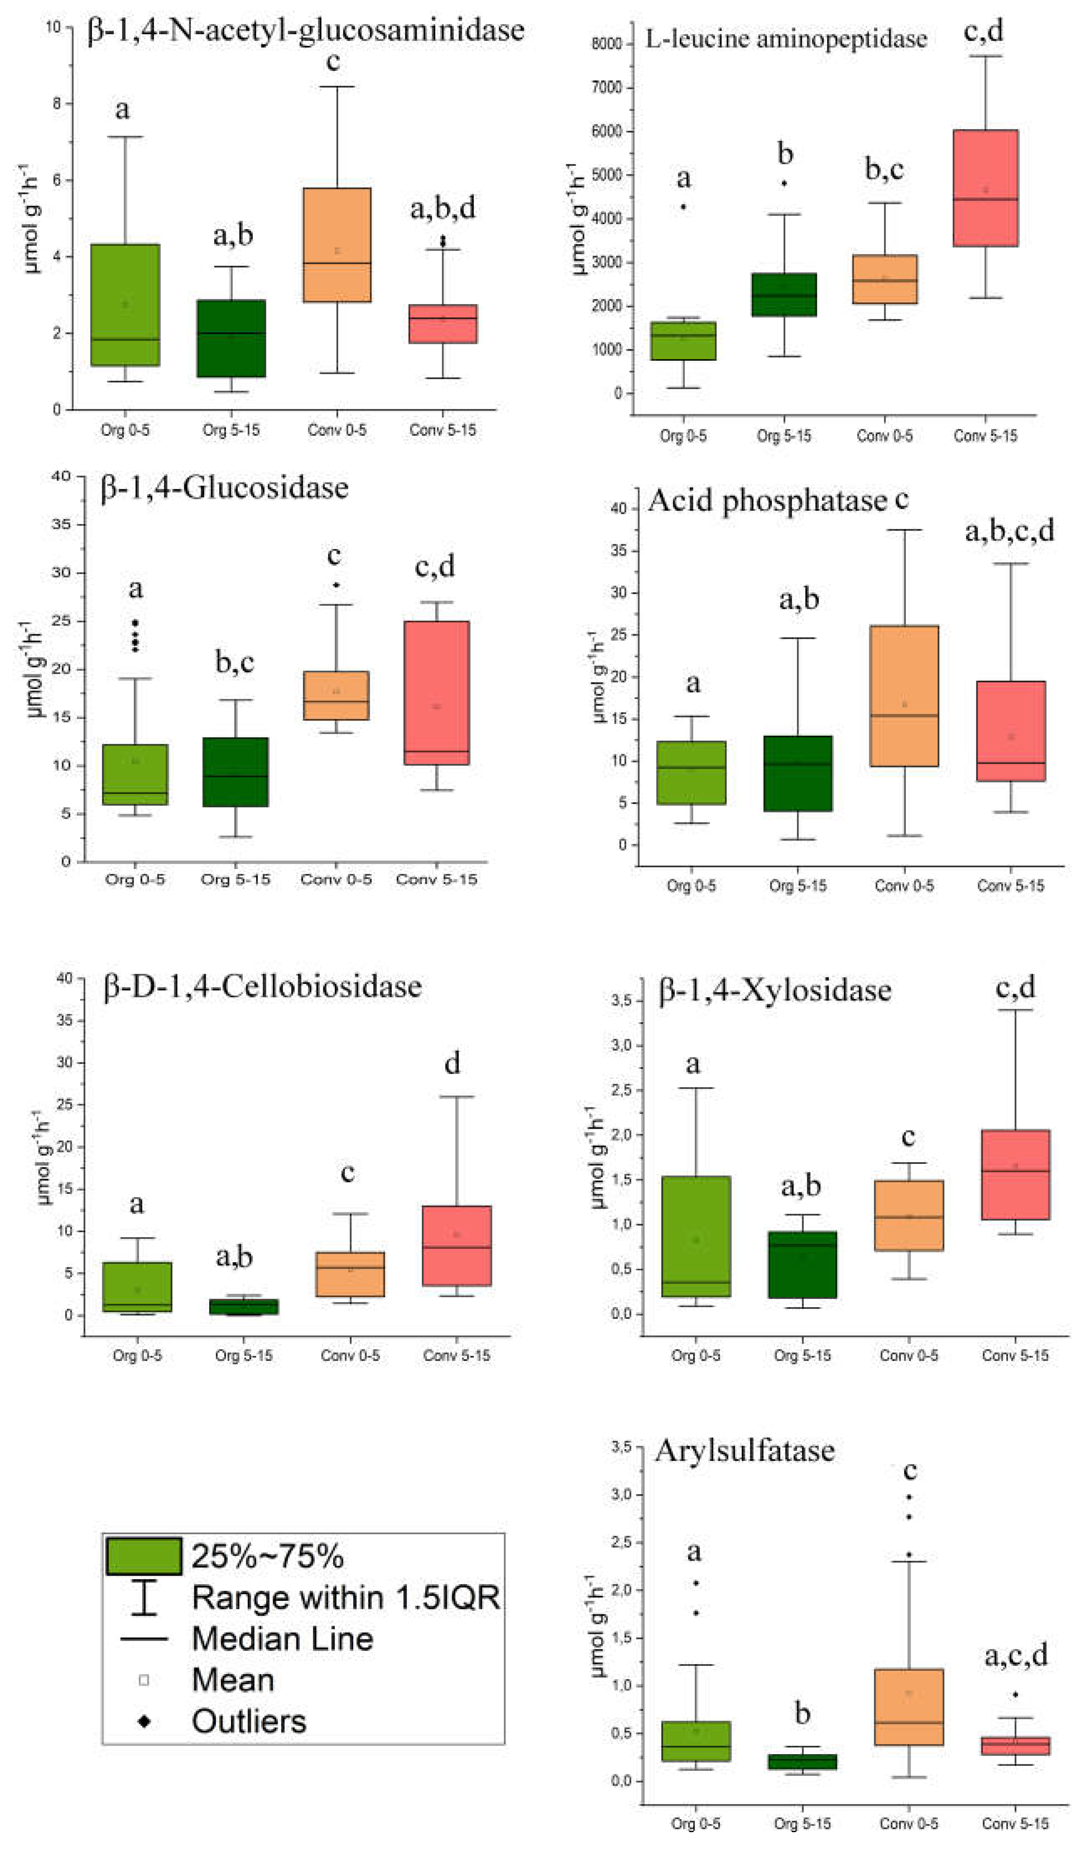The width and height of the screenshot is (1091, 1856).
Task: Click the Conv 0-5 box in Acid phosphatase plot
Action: pos(904,696)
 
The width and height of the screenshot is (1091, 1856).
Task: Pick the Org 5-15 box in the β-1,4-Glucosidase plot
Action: pos(236,772)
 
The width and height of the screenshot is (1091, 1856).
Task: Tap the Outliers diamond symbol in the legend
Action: pos(144,1721)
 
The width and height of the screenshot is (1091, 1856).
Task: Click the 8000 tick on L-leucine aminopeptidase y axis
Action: pos(607,44)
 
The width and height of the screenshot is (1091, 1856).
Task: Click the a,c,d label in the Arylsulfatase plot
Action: pos(1016,1655)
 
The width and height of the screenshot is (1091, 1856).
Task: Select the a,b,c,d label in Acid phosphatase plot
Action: pos(1009,530)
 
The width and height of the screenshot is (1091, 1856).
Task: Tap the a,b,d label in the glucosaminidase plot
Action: pos(443,208)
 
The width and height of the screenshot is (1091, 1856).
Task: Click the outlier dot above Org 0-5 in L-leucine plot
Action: pos(683,207)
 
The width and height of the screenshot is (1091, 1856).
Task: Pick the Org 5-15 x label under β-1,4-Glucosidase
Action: pos(236,879)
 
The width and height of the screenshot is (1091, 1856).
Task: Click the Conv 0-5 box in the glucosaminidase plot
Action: pos(337,245)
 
